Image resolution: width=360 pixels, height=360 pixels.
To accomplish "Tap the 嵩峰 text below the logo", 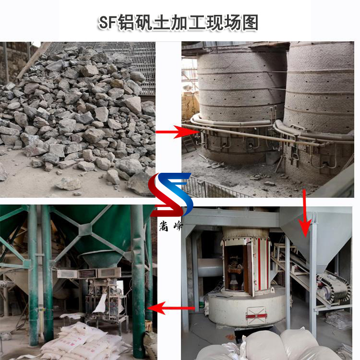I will pos(172,226).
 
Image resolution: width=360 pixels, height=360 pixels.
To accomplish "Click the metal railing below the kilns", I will pos(211,187).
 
